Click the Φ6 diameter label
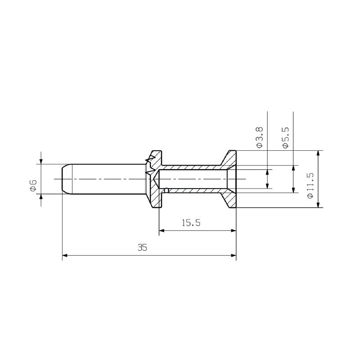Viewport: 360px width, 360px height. pyautogui.click(x=33, y=185)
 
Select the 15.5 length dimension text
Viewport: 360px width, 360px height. pyautogui.click(x=191, y=223)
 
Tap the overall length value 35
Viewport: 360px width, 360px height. pyautogui.click(x=143, y=247)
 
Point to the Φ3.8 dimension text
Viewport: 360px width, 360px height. pyautogui.click(x=259, y=137)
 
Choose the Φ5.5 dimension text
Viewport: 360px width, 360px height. pyautogui.click(x=285, y=137)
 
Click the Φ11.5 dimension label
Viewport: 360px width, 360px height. pyautogui.click(x=310, y=185)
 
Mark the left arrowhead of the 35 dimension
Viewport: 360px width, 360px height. pyautogui.click(x=65, y=256)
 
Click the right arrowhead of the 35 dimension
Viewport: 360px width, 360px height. pyautogui.click(x=234, y=256)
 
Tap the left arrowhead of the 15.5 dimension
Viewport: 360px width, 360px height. pyautogui.click(x=162, y=231)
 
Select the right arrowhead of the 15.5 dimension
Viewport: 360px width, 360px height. pyautogui.click(x=234, y=231)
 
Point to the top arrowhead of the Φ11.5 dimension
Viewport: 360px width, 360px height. pyautogui.click(x=319, y=153)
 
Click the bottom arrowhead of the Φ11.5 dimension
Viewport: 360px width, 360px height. pyautogui.click(x=319, y=205)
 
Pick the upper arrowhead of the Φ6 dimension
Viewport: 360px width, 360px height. pyautogui.click(x=41, y=162)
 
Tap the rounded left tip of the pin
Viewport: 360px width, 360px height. pyautogui.click(x=63, y=180)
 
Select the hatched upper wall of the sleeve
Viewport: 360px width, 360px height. pyautogui.click(x=193, y=167)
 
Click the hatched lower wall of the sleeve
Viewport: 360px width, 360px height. pyautogui.click(x=193, y=191)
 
